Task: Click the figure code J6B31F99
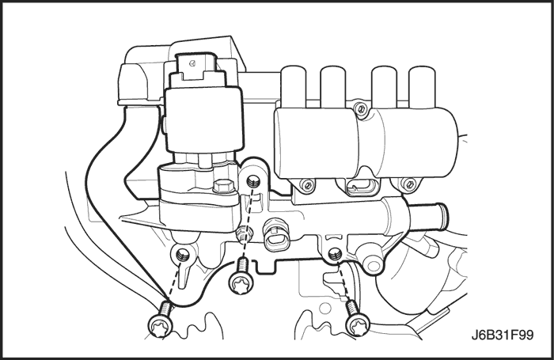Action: coord(502,335)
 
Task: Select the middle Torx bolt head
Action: coord(241,282)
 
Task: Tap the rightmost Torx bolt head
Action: coord(358,325)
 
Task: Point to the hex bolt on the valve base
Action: coord(223,186)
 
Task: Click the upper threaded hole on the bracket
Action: coord(253,182)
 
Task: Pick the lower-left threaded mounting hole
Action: coord(183,254)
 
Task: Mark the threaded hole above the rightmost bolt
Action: coord(334,253)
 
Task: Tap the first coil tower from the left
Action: coord(294,85)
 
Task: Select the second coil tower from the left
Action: coord(332,85)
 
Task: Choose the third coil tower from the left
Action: coord(384,85)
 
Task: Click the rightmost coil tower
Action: coord(422,85)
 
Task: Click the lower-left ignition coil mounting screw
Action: coord(308,184)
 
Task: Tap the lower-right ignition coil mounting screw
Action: coord(409,184)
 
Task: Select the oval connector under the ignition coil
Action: coord(359,187)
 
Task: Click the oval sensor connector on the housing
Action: coord(276,238)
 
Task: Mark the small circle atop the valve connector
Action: coord(192,63)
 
